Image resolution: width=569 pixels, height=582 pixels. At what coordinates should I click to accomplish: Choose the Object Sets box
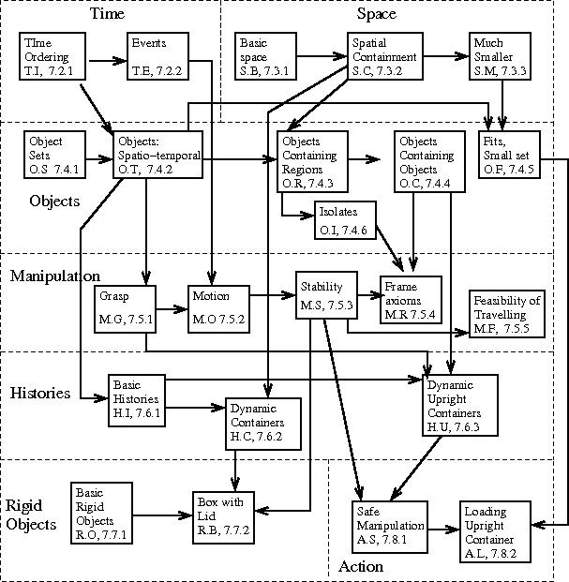pos(55,155)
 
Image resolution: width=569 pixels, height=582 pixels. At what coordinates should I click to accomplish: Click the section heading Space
pos(377,13)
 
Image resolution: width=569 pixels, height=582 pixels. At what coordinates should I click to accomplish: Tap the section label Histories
pos(40,394)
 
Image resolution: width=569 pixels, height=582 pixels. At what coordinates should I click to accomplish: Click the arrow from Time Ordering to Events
pos(104,61)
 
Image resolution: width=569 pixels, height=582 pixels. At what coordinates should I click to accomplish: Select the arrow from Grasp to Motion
pos(171,307)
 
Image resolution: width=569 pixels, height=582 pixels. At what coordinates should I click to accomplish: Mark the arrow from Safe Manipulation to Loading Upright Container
pos(446,530)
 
